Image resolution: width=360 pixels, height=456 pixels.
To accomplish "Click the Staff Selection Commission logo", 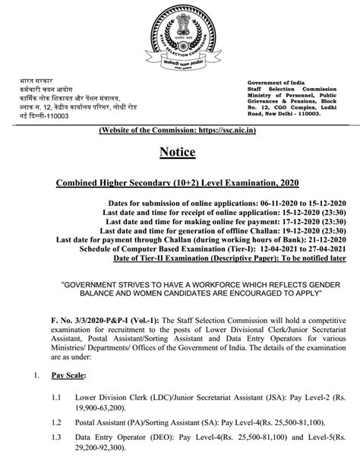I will pyautogui.click(x=180, y=39).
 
